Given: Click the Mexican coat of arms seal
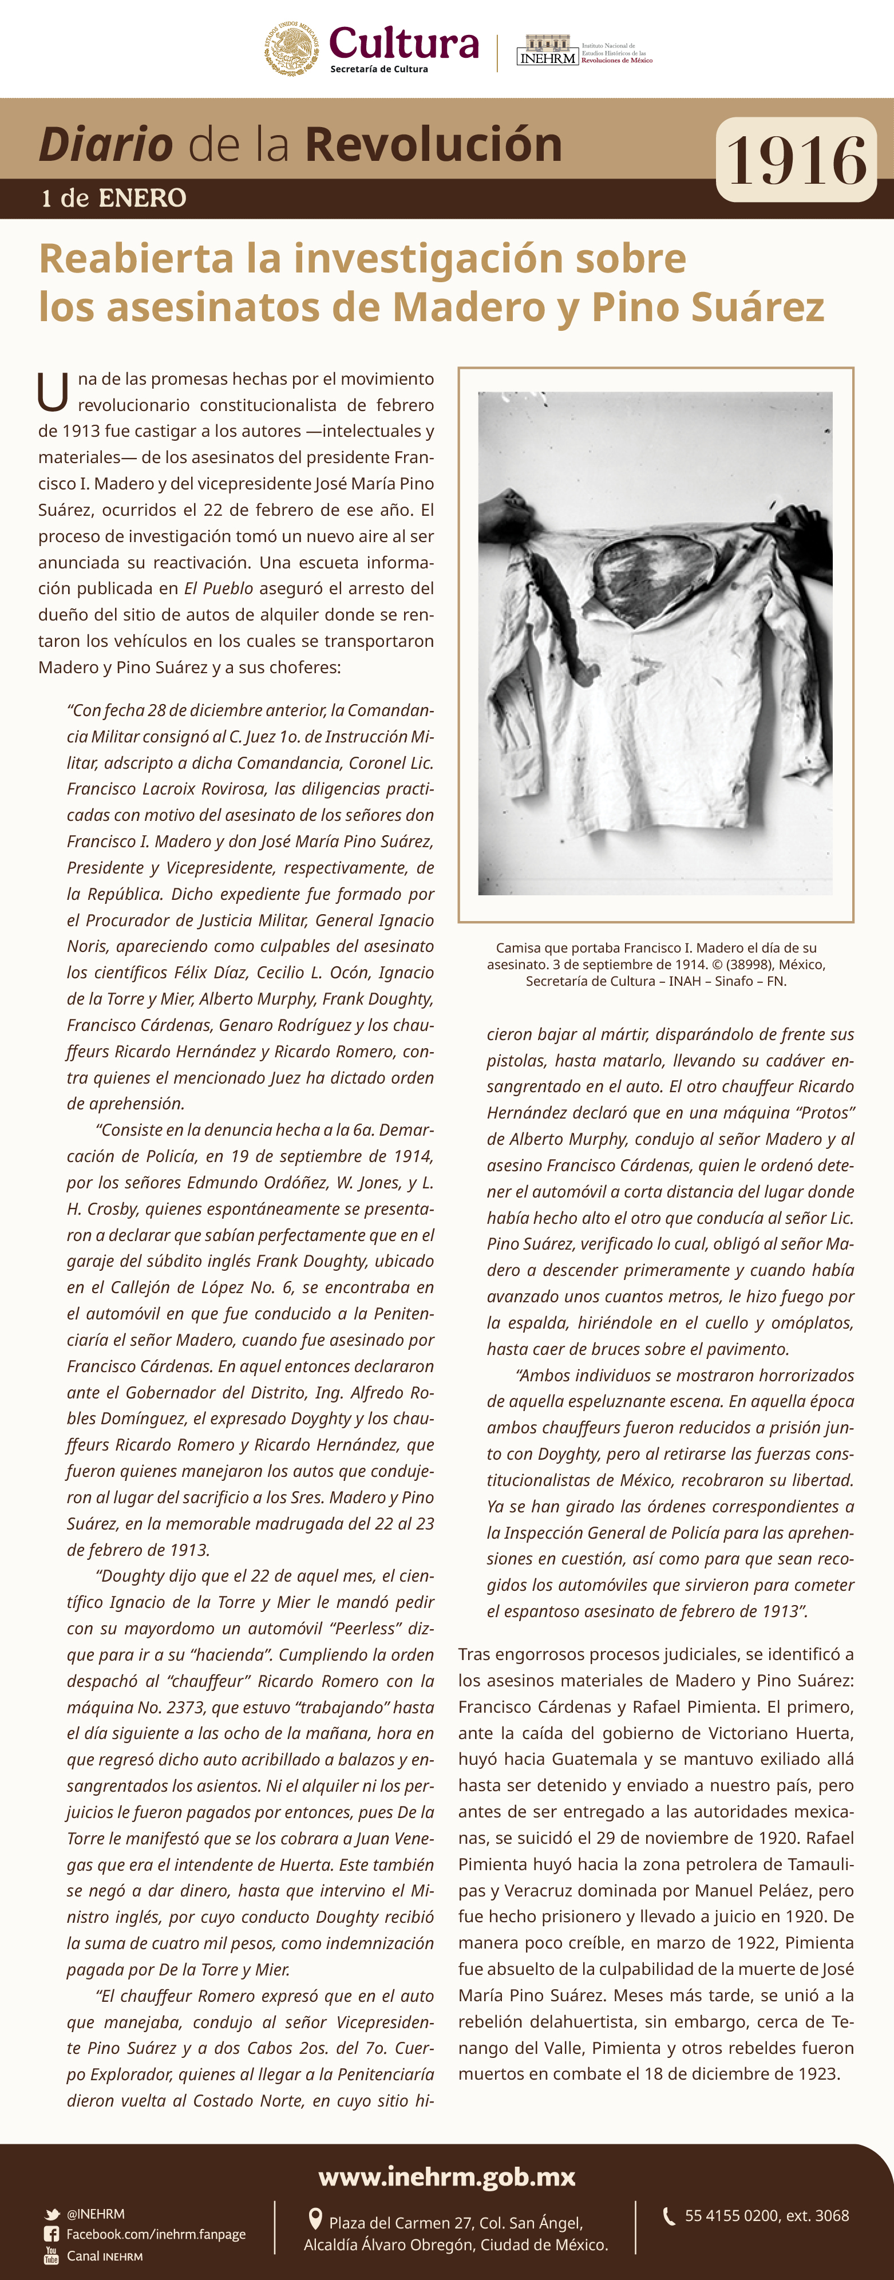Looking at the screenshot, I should click(x=291, y=50).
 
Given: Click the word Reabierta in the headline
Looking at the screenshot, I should click(x=136, y=258).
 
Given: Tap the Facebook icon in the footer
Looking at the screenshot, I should click(x=52, y=2234).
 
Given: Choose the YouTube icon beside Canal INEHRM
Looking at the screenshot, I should click(x=52, y=2255).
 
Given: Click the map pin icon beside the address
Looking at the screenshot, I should click(x=314, y=2219).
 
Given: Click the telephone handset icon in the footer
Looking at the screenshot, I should click(x=669, y=2215).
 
